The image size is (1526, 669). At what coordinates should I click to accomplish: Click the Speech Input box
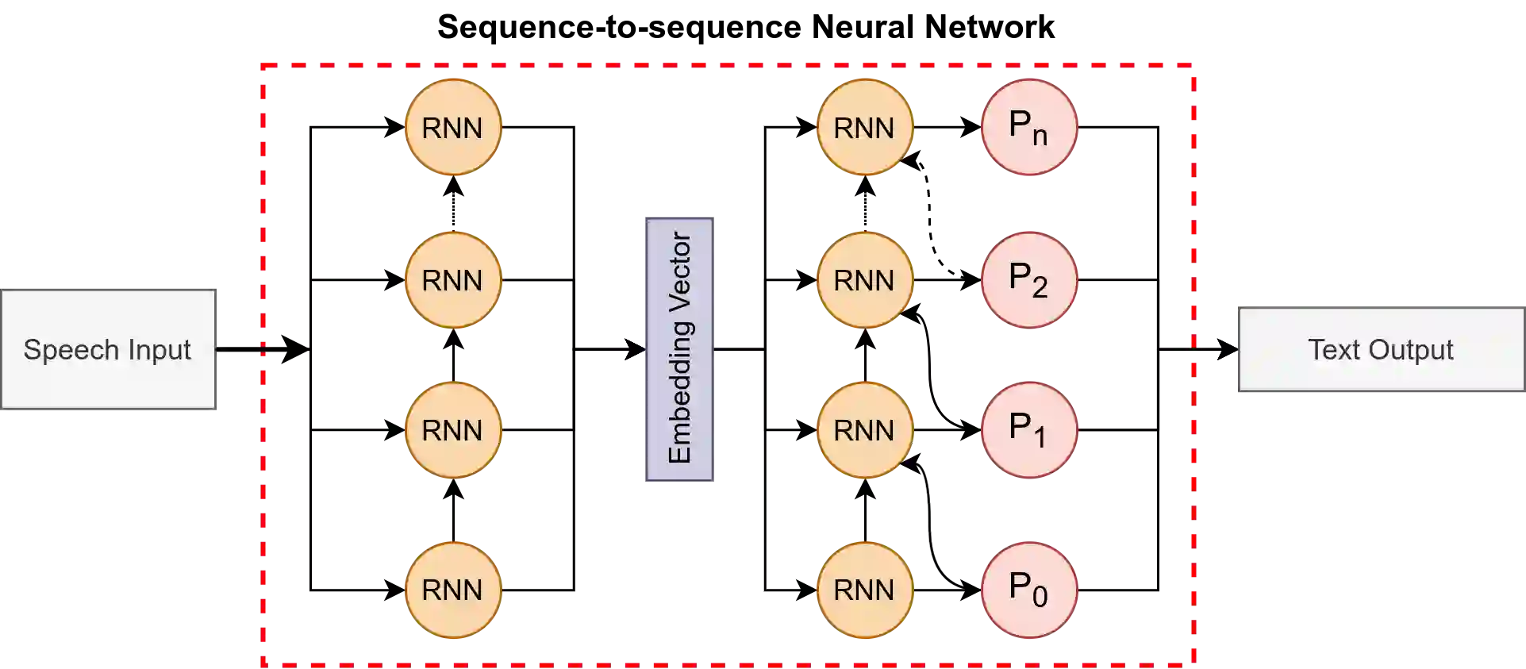109,349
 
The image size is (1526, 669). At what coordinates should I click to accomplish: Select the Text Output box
1381,349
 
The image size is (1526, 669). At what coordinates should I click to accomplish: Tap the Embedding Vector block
679,349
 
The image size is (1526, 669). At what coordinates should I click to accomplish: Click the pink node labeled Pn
1029,127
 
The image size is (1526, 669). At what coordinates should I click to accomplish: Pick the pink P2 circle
1029,279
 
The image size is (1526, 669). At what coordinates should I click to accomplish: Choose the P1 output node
1029,430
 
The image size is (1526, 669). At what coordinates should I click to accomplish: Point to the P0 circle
1029,590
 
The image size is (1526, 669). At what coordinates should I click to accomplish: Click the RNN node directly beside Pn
864,127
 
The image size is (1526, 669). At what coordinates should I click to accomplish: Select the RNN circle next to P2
864,279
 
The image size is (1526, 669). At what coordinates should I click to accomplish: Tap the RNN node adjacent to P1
864,430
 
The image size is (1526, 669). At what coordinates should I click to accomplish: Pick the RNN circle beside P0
864,590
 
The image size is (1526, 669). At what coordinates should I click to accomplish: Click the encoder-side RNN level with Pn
452,127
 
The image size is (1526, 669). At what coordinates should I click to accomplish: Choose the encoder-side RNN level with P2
452,279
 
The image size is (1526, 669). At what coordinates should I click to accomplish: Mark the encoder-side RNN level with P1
452,430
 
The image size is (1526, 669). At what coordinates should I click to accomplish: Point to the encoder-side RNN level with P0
452,590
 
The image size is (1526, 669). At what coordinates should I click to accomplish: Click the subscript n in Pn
1040,136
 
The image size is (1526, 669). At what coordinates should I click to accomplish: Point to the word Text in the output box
1333,350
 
